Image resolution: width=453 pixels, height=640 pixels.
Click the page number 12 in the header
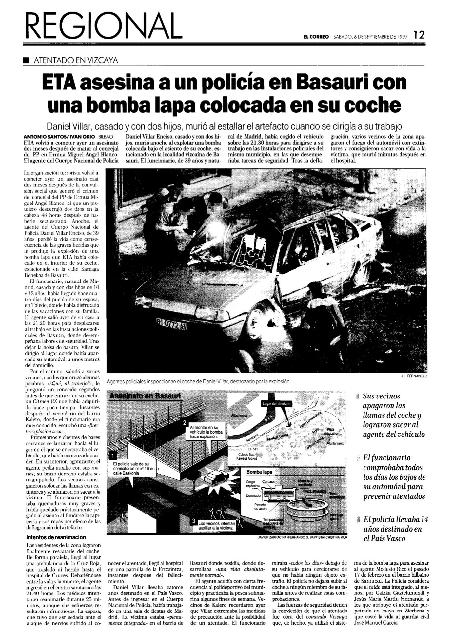pyautogui.click(x=419, y=35)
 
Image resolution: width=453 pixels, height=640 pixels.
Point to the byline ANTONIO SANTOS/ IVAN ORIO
pyautogui.click(x=59, y=136)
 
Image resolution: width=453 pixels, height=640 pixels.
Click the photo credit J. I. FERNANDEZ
pyautogui.click(x=414, y=376)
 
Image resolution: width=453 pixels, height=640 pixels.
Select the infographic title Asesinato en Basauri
pyautogui.click(x=145, y=396)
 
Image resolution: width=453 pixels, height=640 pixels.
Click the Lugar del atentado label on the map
pyautogui.click(x=276, y=404)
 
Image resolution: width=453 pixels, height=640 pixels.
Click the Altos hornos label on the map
pyautogui.click(x=239, y=416)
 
